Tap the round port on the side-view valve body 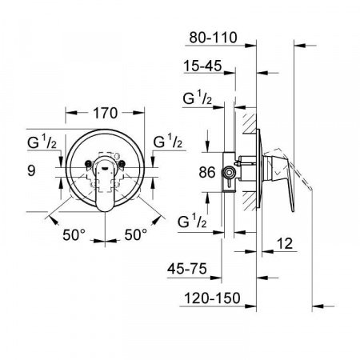point(231,171)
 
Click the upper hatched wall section point(249,127)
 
